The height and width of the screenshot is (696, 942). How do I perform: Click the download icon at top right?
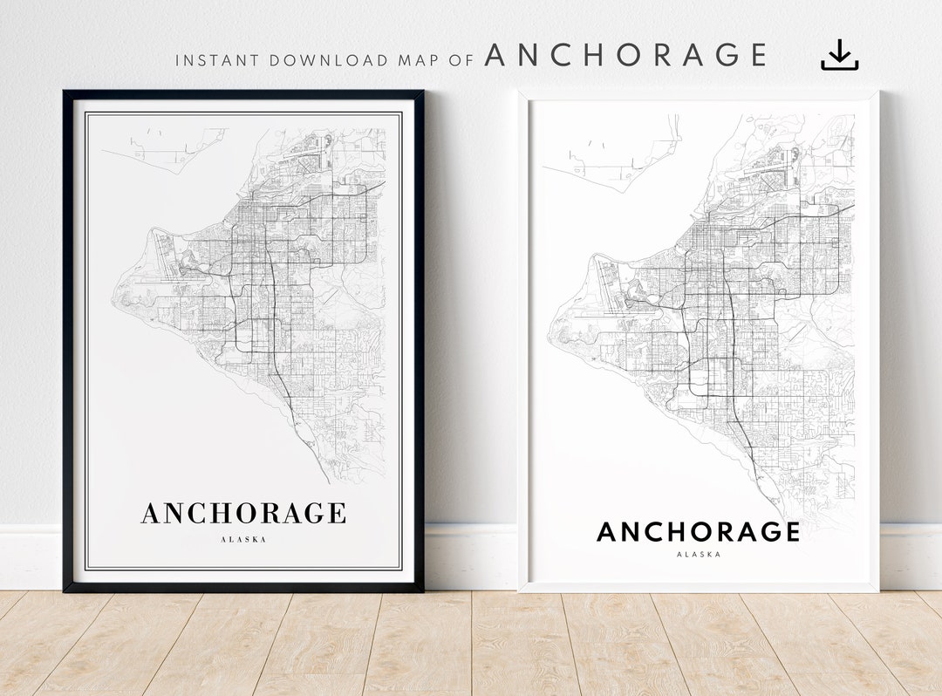pos(839,55)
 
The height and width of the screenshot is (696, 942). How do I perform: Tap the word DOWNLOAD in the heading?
pos(329,61)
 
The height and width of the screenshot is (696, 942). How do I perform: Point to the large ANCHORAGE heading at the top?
pos(625,55)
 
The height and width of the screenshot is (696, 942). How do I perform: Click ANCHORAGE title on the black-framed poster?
pos(243,513)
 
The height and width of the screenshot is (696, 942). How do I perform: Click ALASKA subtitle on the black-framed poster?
pos(243,540)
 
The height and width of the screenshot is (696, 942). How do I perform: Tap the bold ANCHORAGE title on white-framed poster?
pos(698,532)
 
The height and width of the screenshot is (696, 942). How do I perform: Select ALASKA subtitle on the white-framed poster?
pos(698,555)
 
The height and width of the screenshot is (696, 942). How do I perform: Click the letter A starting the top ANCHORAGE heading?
pos(497,55)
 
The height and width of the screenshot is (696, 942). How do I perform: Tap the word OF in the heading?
pos(463,61)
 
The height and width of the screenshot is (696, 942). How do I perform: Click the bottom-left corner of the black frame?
pos(66,589)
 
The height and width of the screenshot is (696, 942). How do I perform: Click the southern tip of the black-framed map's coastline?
pos(329,481)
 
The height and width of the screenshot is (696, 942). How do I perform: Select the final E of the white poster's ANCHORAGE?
pos(790,532)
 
